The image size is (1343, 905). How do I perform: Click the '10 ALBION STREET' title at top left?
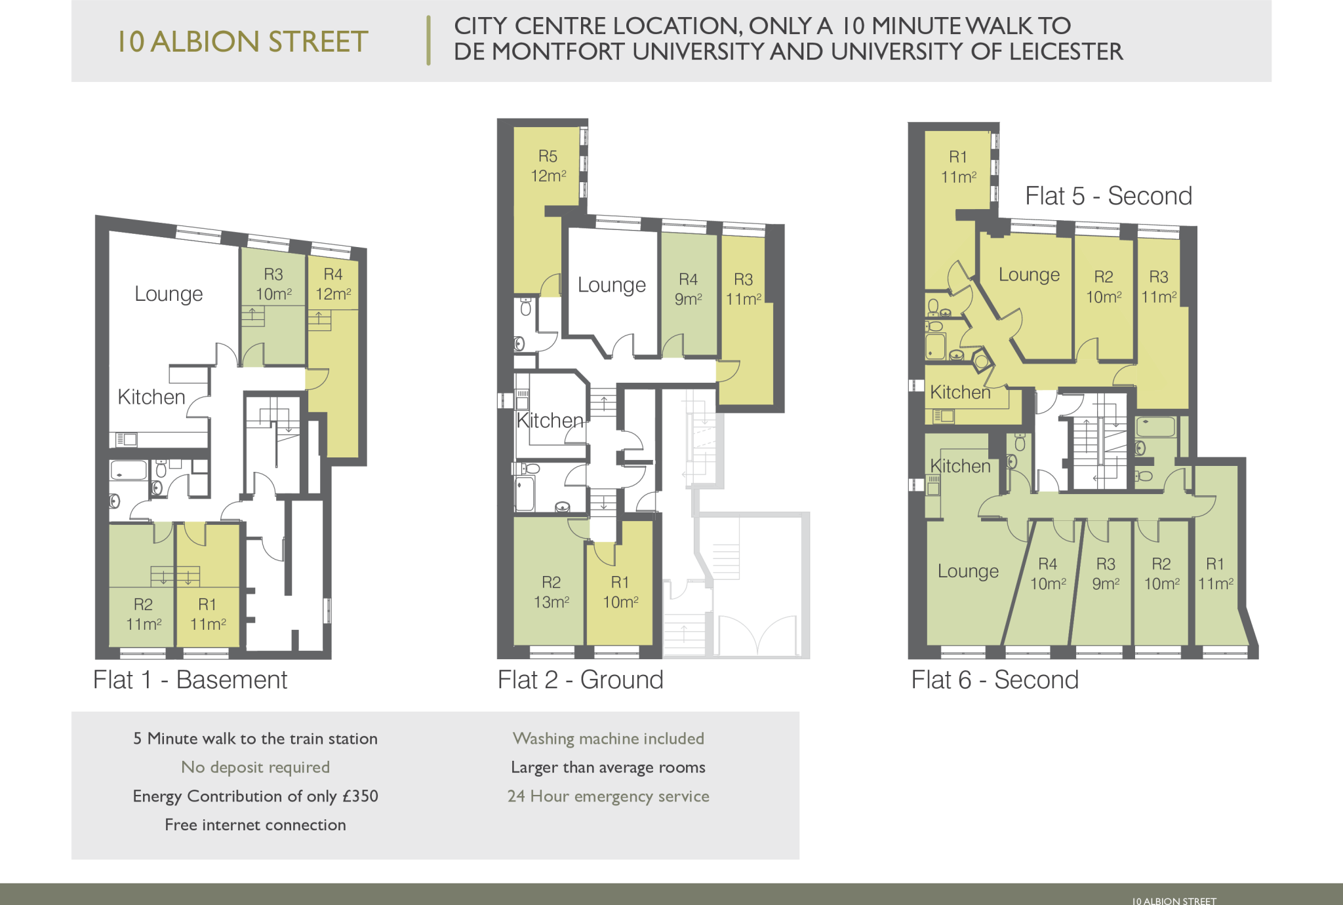[x=242, y=41]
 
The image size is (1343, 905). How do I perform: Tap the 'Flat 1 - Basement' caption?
[x=190, y=680]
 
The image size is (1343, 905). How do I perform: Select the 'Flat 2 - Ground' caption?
[x=580, y=680]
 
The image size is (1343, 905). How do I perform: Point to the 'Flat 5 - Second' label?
[x=1108, y=196]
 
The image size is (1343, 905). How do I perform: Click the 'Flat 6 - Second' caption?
[x=995, y=680]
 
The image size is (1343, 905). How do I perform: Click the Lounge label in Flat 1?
[x=169, y=294]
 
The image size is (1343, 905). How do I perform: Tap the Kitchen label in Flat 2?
[x=550, y=420]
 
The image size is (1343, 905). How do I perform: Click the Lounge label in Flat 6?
[x=968, y=571]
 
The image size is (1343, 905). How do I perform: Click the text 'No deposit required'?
[x=256, y=767]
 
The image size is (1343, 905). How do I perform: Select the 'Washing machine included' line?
[x=609, y=739]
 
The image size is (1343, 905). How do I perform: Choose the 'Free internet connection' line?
[x=256, y=824]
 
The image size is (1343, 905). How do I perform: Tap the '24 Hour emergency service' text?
[x=609, y=796]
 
